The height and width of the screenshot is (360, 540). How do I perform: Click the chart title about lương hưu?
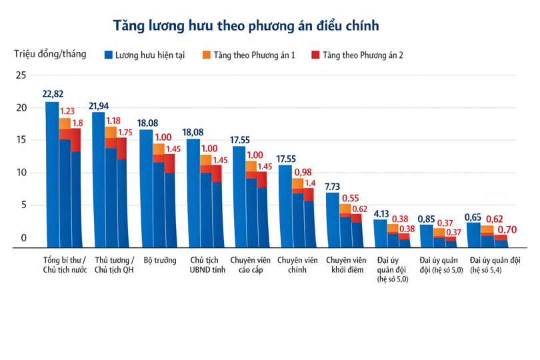coord(246,26)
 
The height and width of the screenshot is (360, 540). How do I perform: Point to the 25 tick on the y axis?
coord(21,75)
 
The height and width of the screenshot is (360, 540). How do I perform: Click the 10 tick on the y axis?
coord(21,173)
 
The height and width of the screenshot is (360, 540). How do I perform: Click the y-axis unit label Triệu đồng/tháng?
coord(50,54)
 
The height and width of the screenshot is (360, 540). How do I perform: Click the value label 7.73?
coord(333,187)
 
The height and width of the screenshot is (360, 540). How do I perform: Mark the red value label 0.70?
coord(507,229)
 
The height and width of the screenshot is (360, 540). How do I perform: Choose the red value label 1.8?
coord(77,123)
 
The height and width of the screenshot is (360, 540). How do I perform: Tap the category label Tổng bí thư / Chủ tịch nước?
coord(65,265)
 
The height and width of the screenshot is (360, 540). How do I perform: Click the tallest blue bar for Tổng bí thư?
coord(51,173)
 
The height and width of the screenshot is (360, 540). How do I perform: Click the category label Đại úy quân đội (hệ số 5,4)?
coord(495,265)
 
